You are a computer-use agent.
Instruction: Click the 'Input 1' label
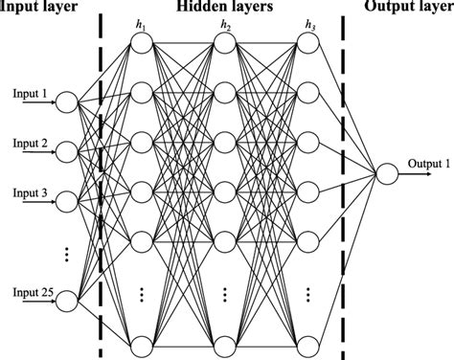[x=29, y=93]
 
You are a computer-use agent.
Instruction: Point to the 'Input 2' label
[x=29, y=143]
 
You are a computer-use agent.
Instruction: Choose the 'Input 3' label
[x=29, y=192]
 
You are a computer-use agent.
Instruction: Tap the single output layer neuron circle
[x=386, y=174]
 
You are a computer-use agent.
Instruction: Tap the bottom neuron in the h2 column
[x=224, y=344]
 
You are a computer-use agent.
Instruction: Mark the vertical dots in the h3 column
[x=306, y=292]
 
